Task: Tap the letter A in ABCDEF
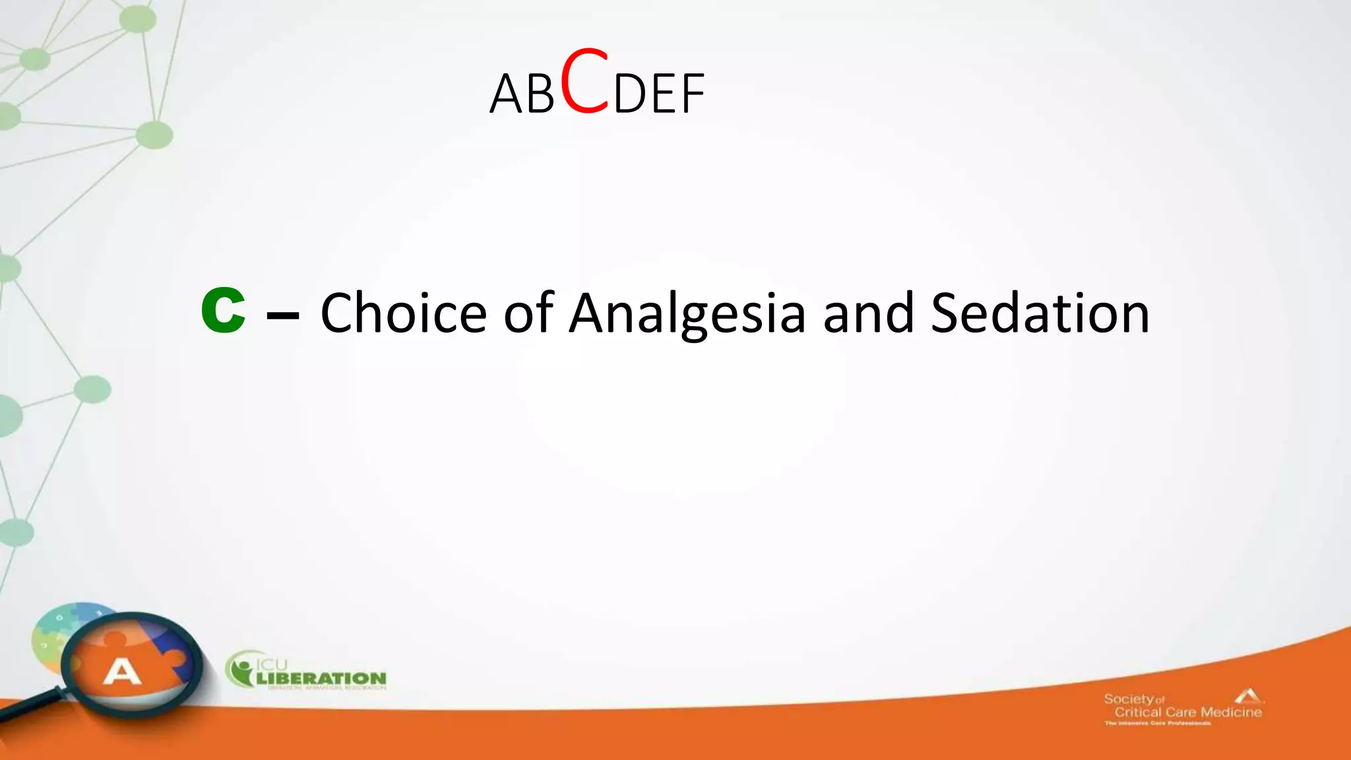click(x=506, y=94)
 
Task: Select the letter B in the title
click(x=540, y=94)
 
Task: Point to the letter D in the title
click(x=630, y=94)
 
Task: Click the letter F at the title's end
click(x=692, y=94)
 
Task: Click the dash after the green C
click(x=282, y=315)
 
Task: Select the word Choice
click(x=403, y=313)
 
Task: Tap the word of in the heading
click(x=528, y=313)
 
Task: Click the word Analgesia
click(x=687, y=314)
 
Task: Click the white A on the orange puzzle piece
click(x=122, y=672)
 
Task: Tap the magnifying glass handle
click(x=30, y=706)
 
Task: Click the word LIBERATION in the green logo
click(x=321, y=678)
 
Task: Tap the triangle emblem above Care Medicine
click(x=1249, y=695)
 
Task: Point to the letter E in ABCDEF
click(x=662, y=94)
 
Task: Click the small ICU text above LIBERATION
click(x=271, y=664)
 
